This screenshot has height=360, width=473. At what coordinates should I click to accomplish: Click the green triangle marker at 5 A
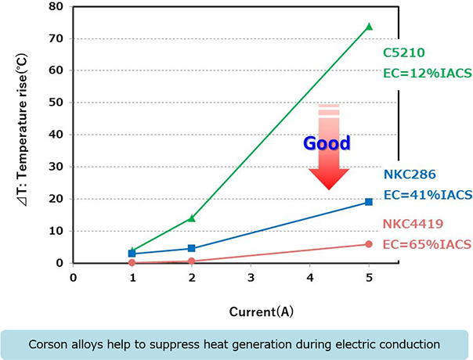pyautogui.click(x=369, y=27)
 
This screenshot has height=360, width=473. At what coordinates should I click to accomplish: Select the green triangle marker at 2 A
pyautogui.click(x=192, y=218)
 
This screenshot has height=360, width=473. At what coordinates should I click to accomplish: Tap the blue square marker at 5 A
pyautogui.click(x=369, y=202)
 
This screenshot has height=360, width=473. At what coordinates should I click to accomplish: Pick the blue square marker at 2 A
pyautogui.click(x=192, y=248)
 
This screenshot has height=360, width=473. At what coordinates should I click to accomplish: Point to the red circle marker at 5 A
pyautogui.click(x=369, y=244)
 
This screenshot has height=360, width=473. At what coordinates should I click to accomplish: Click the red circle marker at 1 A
pyautogui.click(x=132, y=263)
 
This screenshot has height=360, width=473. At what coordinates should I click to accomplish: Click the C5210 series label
pyautogui.click(x=404, y=52)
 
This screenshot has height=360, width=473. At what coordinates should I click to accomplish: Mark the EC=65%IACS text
pyautogui.click(x=427, y=245)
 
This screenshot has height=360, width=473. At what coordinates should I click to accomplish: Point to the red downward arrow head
pyautogui.click(x=328, y=178)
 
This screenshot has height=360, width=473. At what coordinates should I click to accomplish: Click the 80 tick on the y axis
pyautogui.click(x=56, y=6)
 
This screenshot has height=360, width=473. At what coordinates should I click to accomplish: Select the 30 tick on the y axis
pyautogui.click(x=56, y=167)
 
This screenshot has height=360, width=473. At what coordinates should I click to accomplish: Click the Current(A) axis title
pyautogui.click(x=262, y=311)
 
